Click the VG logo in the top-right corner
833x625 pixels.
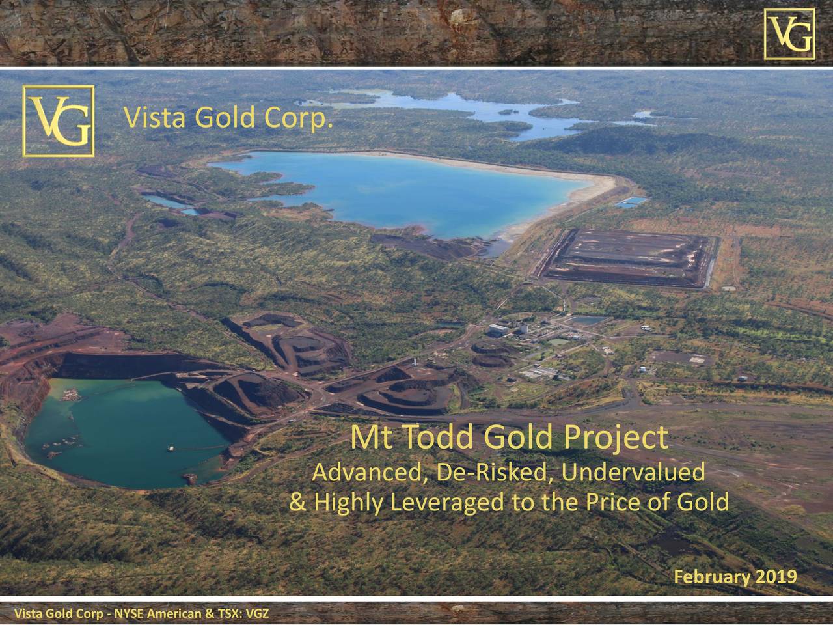click(x=789, y=34)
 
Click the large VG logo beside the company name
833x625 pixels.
click(x=59, y=120)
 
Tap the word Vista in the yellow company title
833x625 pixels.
click(x=155, y=118)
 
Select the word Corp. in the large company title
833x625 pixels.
click(x=298, y=119)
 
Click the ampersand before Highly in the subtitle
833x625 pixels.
click(x=298, y=502)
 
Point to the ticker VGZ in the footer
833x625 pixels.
click(x=257, y=614)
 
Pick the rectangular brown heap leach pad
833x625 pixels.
click(x=630, y=258)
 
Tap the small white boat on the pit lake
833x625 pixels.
click(x=171, y=449)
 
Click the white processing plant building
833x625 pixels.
click(x=498, y=329)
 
